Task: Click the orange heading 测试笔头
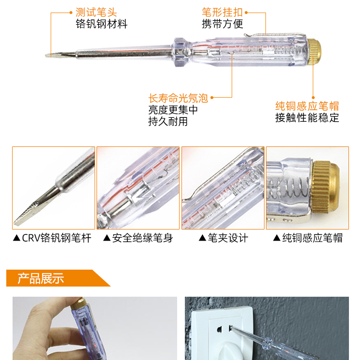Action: pos(96,12)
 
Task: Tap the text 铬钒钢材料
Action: pos(101,24)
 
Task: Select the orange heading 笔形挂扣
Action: pos(223,12)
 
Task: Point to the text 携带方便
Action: pos(223,24)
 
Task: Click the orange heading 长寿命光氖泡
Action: pos(178,98)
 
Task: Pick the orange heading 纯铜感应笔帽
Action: pos(307,106)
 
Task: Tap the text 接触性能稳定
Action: pos(307,117)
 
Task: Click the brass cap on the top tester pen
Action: pos(314,52)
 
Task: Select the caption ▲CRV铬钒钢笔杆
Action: pos(52,238)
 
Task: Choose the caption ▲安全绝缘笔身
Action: pos(138,238)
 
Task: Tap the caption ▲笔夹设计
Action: pos(223,238)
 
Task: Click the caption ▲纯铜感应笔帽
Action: pos(308,238)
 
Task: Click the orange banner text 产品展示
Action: pos(41,278)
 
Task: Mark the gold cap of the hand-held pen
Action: pos(78,303)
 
